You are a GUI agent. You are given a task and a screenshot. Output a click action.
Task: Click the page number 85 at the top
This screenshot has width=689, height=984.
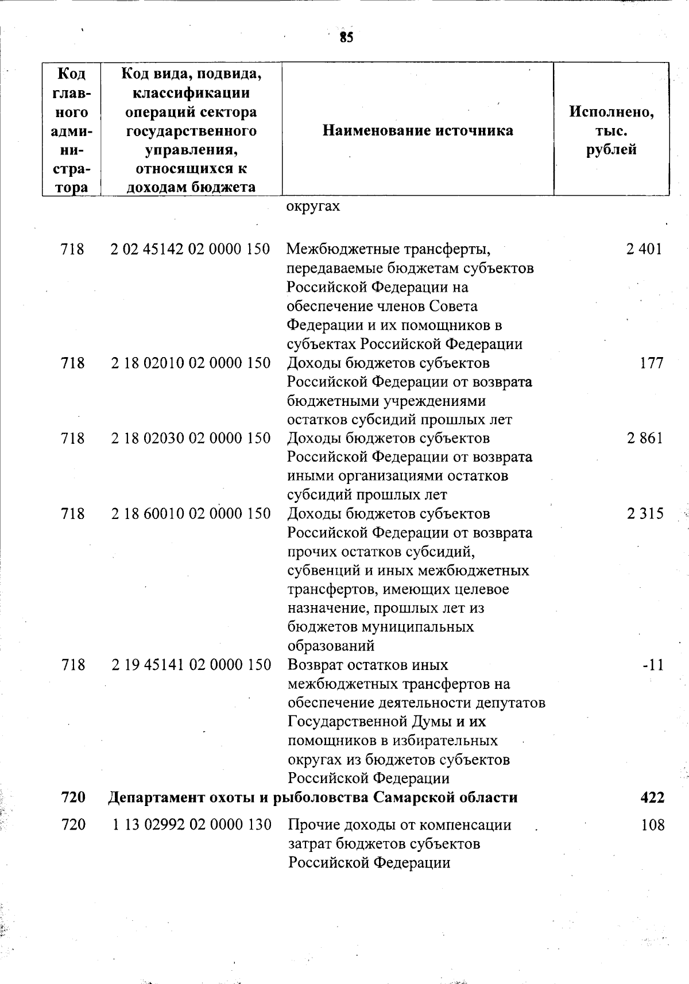point(346,38)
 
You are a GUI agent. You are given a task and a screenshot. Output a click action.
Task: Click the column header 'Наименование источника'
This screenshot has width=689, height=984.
point(418,131)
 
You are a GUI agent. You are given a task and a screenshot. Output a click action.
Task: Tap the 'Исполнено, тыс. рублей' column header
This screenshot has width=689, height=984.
point(611,131)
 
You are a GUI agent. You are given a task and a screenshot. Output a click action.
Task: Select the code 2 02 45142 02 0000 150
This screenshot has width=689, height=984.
point(190,249)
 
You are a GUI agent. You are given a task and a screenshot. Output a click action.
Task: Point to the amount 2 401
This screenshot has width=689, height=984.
point(644,249)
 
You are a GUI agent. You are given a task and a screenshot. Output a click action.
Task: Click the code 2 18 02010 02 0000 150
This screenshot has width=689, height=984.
point(190,363)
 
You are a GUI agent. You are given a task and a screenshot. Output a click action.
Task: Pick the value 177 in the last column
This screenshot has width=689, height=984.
point(651,363)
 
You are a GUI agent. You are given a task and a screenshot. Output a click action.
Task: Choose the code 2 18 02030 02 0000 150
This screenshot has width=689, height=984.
point(190,439)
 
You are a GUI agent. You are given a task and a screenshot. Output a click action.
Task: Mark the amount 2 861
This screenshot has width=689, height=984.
point(644,439)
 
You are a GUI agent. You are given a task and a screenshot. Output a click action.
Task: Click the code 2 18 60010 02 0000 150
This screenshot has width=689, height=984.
point(190,514)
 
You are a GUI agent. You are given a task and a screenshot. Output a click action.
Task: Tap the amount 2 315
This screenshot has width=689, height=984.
point(644,514)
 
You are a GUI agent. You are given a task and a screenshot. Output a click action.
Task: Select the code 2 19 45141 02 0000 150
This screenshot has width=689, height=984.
point(190,665)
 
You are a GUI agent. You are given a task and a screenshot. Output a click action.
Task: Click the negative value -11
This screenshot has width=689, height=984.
point(653,665)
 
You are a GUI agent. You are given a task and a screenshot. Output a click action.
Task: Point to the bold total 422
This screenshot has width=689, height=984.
point(652,797)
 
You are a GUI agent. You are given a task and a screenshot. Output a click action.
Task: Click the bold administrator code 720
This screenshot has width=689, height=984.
point(73,797)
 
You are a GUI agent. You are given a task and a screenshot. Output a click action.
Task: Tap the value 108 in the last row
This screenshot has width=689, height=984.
point(652,825)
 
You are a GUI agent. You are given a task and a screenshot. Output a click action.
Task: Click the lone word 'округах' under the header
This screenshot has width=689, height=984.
point(313,207)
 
